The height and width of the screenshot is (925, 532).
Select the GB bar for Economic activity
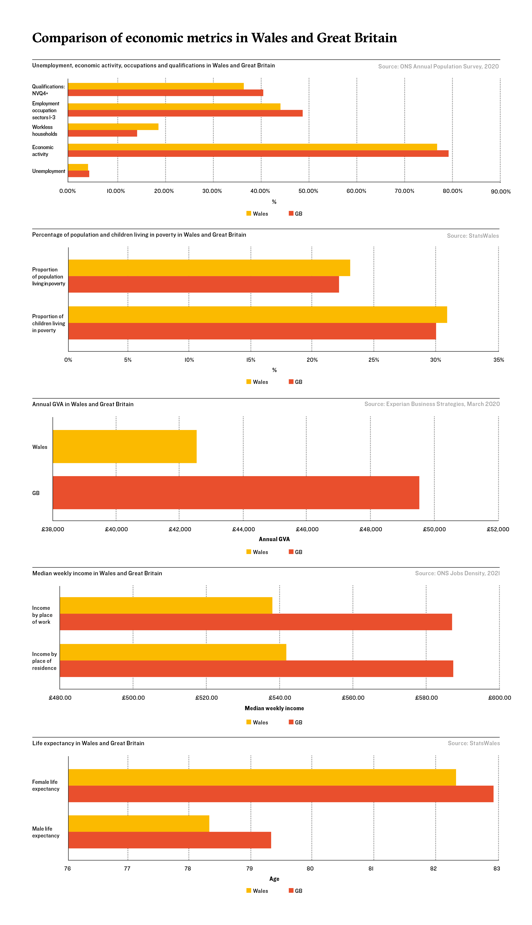(258, 153)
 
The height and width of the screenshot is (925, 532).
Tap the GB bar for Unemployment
(79, 174)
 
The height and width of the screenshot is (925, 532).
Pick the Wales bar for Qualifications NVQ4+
(156, 86)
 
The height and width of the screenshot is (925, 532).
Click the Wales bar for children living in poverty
(258, 315)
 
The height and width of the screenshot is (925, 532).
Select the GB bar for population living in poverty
(204, 284)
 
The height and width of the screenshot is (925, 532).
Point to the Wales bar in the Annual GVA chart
(125, 446)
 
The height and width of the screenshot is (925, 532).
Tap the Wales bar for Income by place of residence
(173, 652)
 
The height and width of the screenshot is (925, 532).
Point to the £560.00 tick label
(353, 698)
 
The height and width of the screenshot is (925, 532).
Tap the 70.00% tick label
(405, 191)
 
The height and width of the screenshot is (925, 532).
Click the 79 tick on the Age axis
(249, 868)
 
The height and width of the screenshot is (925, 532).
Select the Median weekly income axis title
(274, 708)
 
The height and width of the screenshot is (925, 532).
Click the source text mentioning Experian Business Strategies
(432, 404)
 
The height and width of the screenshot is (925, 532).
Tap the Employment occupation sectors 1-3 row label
(46, 110)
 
